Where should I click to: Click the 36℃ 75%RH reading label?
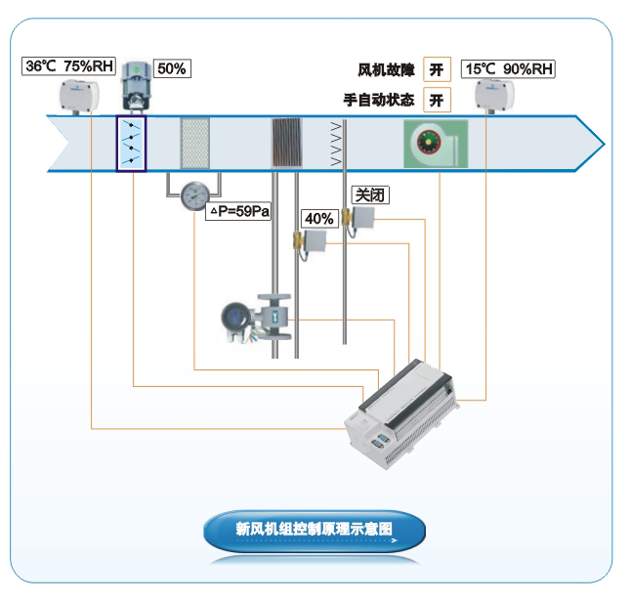(x=69, y=66)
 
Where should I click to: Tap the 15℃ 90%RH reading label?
(x=507, y=68)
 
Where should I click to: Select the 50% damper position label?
(x=171, y=68)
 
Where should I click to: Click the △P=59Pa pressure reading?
(x=238, y=210)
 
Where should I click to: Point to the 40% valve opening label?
(x=319, y=219)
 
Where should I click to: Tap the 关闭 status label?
(x=369, y=194)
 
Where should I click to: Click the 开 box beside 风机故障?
(x=437, y=69)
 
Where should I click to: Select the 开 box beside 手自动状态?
(x=437, y=100)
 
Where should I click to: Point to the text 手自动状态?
(x=379, y=100)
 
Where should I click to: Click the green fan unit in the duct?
(x=435, y=145)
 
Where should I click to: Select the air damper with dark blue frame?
(x=131, y=144)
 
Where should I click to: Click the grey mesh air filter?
(x=195, y=144)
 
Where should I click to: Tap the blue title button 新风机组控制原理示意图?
(x=315, y=530)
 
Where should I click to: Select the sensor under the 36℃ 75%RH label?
(x=81, y=95)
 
